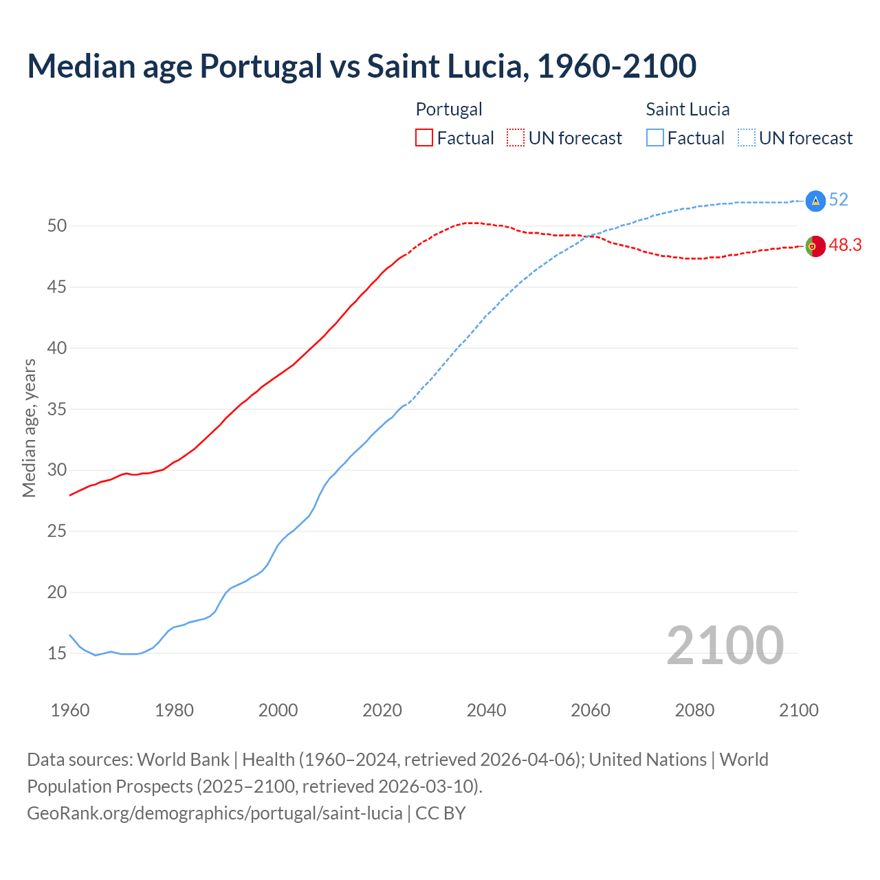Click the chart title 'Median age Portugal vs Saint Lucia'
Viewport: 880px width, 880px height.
tap(362, 66)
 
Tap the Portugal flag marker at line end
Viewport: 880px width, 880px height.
tap(815, 246)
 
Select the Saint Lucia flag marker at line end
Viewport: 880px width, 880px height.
tap(815, 200)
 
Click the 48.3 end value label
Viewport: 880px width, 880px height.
tap(845, 245)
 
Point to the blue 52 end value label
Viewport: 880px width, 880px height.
tap(839, 199)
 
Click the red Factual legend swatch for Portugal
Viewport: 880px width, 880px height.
tap(424, 138)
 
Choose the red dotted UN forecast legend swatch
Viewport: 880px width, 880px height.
tap(516, 138)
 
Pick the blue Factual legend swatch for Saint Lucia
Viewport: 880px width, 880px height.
tap(655, 138)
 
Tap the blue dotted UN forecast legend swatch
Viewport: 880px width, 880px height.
tap(746, 138)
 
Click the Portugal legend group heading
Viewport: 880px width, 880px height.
tap(449, 109)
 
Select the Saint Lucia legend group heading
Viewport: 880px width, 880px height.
tap(687, 109)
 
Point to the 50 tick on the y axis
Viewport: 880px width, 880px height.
tap(56, 226)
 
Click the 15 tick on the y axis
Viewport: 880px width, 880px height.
tap(56, 653)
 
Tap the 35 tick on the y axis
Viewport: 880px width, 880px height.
tap(56, 409)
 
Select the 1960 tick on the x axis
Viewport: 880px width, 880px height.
tap(70, 710)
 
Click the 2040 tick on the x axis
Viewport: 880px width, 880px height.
tap(486, 710)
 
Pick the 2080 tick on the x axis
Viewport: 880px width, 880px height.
tap(694, 710)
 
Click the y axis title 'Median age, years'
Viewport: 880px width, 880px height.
tap(29, 428)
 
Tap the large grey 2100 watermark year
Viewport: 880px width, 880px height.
tap(725, 645)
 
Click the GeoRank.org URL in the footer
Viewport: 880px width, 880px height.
tap(214, 813)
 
